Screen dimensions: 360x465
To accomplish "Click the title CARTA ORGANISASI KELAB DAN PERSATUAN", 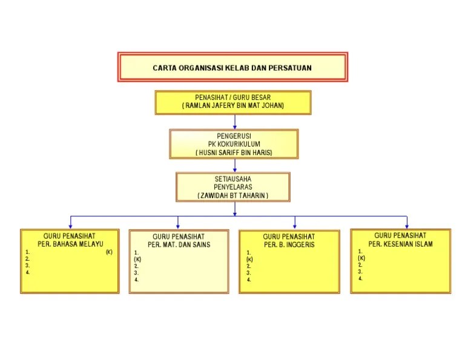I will tap(232, 68).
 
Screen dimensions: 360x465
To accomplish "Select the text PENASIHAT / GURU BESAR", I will tap(232, 98).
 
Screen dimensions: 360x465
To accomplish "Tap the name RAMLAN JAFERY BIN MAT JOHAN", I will tap(233, 105).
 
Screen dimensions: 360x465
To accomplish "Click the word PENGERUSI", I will tap(234, 136).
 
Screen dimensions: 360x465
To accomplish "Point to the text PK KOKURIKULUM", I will tap(234, 144).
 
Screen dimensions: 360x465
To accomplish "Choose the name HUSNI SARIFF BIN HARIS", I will tap(234, 153).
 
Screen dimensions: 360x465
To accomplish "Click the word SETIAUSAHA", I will tap(233, 179).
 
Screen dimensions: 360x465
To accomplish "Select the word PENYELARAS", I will tap(233, 187).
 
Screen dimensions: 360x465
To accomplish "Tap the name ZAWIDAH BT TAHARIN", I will tap(233, 196).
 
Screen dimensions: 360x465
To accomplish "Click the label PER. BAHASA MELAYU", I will tap(70, 244).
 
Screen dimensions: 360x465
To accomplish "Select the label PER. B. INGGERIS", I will tap(289, 245).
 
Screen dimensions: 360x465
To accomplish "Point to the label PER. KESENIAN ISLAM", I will tap(400, 244).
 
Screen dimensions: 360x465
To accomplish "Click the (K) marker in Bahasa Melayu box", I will tap(109, 252).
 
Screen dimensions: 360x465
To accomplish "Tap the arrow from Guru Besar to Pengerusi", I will tap(235, 122).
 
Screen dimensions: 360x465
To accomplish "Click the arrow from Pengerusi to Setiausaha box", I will tap(235, 165).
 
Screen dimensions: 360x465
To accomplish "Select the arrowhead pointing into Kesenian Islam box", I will tap(407, 225).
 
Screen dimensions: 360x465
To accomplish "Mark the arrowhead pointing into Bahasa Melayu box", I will tap(70, 225).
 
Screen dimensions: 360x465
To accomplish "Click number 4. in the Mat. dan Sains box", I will tap(137, 279).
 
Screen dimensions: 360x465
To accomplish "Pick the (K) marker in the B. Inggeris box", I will tap(249, 259).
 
